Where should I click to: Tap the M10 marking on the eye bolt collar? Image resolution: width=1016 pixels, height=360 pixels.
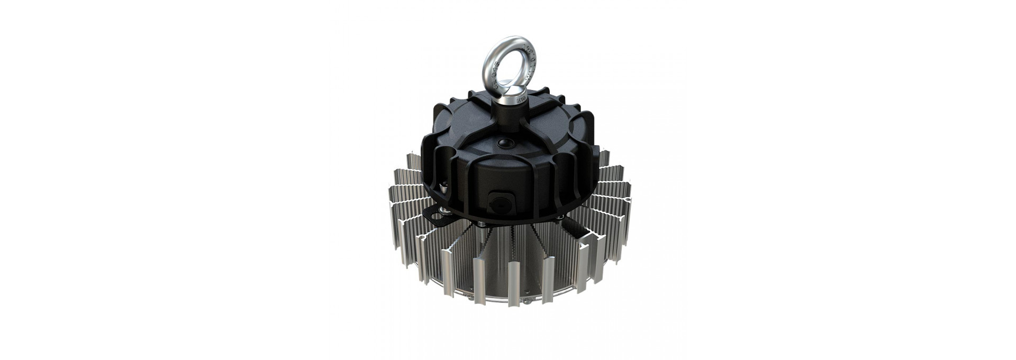(x=520, y=98)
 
